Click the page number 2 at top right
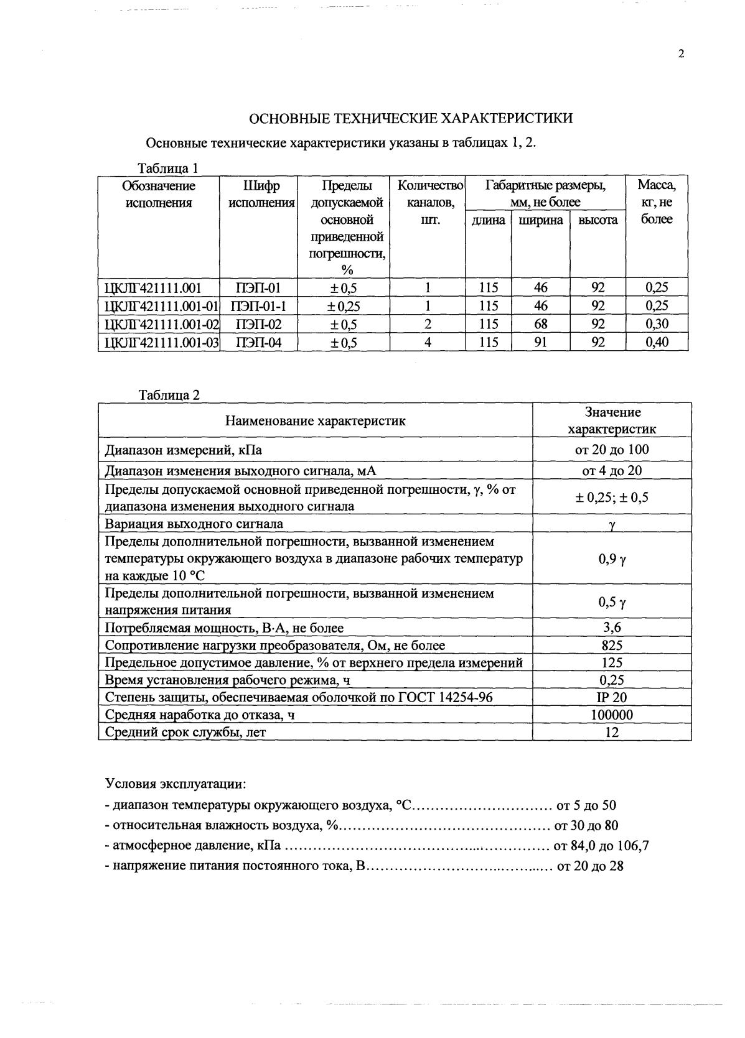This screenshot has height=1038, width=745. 681,54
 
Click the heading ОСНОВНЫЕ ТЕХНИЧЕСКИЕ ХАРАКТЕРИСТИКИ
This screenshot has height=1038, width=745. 411,119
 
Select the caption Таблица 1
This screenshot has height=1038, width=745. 167,169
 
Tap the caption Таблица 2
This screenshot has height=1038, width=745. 169,396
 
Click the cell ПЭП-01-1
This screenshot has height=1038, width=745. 258,306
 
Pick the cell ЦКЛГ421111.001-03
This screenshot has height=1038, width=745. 160,343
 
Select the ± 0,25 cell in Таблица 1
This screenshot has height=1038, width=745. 344,306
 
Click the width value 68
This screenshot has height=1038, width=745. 541,324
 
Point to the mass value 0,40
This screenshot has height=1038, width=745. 657,342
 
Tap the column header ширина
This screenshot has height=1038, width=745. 541,220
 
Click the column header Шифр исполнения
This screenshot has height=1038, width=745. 259,194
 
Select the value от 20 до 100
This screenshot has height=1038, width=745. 612,450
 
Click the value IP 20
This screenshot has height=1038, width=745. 612,698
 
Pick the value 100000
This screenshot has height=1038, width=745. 612,715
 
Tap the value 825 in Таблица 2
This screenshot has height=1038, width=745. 612,646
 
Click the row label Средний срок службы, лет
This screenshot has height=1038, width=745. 185,732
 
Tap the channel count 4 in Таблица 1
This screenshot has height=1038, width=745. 428,342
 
